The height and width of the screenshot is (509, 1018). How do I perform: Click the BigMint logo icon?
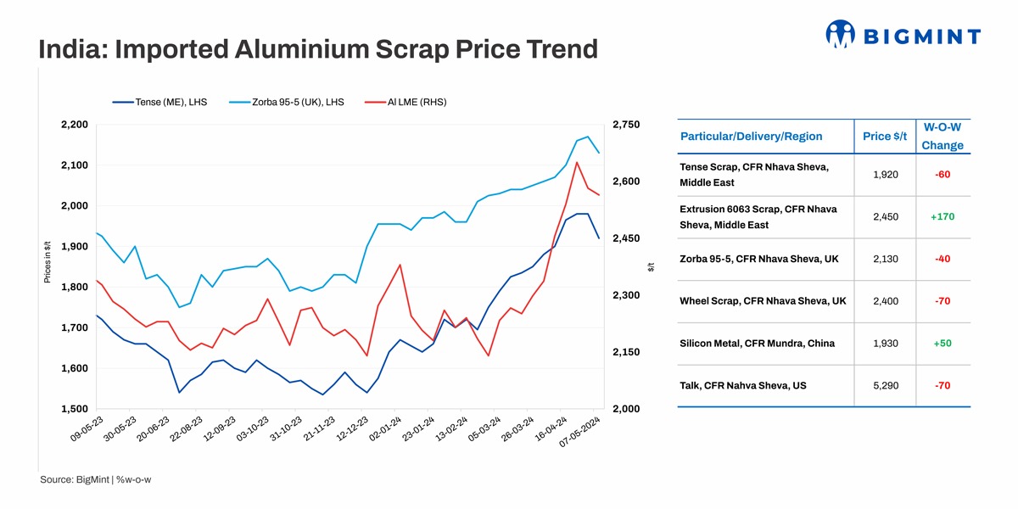(x=840, y=35)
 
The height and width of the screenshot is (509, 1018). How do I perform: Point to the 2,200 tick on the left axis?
(x=75, y=125)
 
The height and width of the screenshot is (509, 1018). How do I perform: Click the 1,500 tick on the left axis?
(x=75, y=409)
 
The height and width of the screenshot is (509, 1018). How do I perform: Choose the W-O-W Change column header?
(x=942, y=136)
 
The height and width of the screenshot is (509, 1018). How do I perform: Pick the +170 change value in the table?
(x=942, y=216)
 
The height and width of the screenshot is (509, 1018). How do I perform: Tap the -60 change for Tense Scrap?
(x=942, y=174)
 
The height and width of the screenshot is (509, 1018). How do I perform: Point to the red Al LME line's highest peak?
(x=577, y=162)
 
